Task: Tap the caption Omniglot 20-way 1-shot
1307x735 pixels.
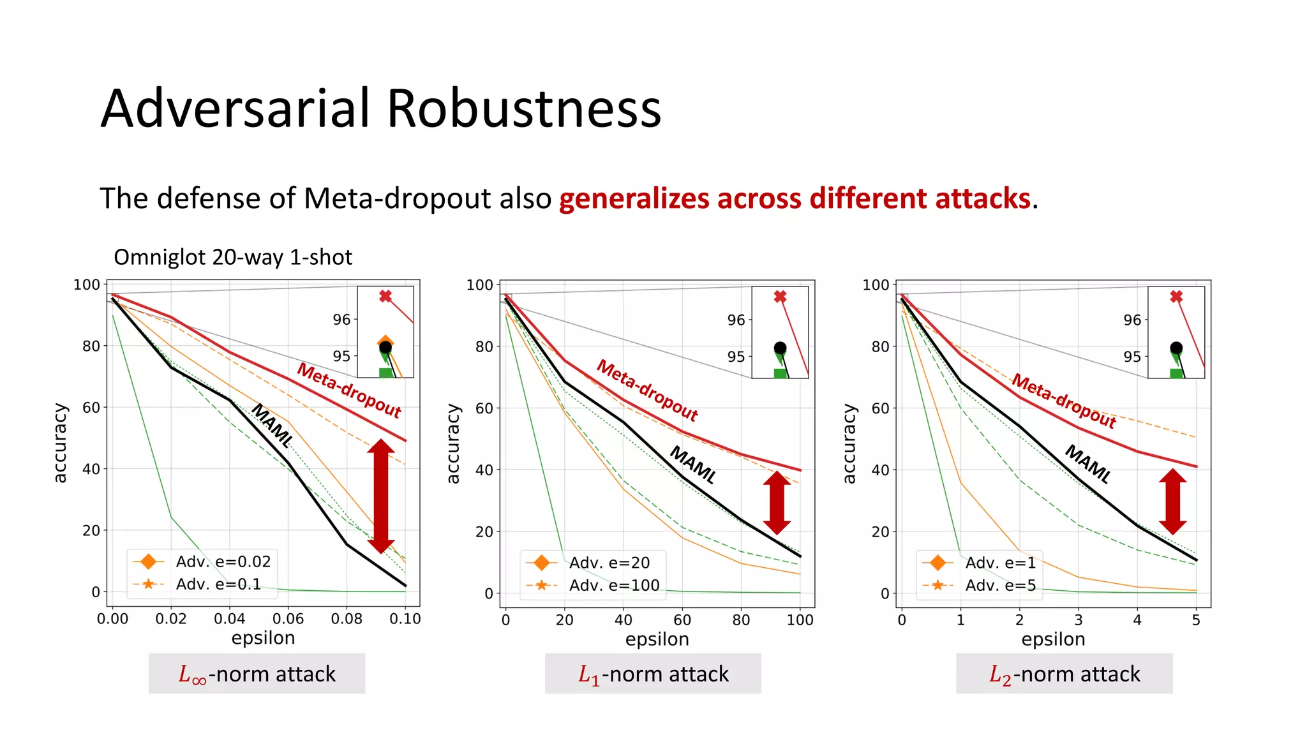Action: (x=233, y=257)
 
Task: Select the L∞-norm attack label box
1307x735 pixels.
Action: (x=257, y=674)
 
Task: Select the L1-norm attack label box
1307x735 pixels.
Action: (x=653, y=674)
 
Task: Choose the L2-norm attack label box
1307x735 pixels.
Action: (x=1064, y=674)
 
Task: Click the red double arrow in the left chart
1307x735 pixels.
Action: (x=381, y=496)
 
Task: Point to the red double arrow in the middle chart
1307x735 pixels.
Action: (x=777, y=503)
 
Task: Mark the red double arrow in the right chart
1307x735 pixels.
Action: (x=1173, y=501)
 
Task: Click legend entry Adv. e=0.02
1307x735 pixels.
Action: (x=223, y=561)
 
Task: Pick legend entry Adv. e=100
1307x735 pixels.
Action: (x=614, y=585)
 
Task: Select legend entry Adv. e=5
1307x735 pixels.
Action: (x=1000, y=585)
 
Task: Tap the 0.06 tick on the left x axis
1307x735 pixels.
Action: (x=288, y=619)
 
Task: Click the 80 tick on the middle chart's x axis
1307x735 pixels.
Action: (x=741, y=620)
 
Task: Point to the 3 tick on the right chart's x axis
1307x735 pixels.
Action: (x=1078, y=620)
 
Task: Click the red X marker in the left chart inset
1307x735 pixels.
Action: (x=385, y=296)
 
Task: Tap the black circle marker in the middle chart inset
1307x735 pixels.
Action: (x=780, y=348)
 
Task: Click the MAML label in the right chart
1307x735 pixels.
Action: (x=1088, y=464)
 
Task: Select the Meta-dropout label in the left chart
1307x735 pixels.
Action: (x=349, y=390)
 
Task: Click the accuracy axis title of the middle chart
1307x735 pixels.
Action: (x=452, y=443)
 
